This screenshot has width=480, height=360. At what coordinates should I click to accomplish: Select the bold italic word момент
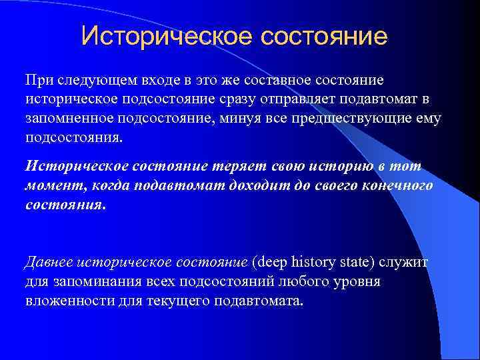[49, 186]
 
